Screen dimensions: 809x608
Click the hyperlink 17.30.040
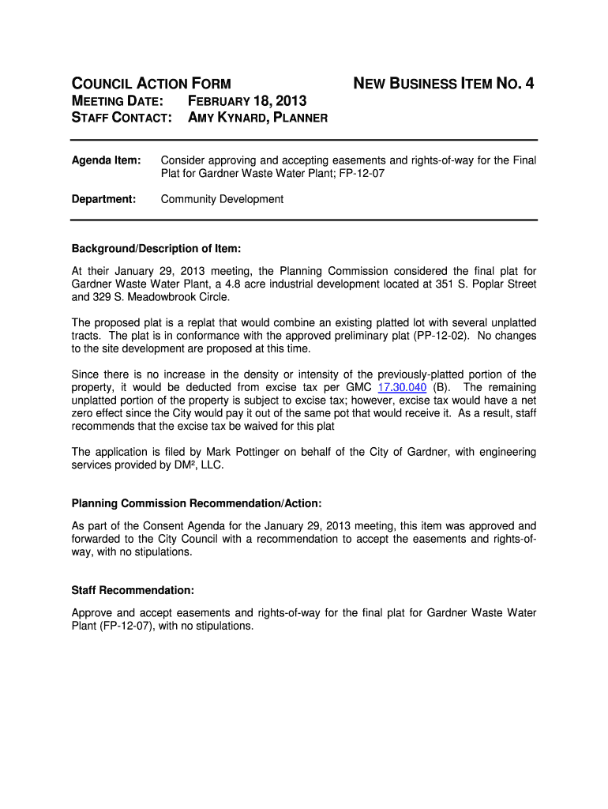(x=403, y=387)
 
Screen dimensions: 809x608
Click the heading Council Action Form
(x=152, y=84)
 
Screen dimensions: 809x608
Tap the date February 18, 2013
(x=246, y=101)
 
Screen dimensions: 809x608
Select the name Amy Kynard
(x=223, y=118)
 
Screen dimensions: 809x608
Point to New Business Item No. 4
(x=443, y=84)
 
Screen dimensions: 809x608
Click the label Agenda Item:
(x=106, y=160)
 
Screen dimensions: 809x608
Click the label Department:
(x=104, y=199)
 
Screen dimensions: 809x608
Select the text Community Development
(x=222, y=199)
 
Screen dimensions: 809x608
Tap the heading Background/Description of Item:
(x=156, y=249)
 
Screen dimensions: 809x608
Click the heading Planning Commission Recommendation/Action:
(x=197, y=503)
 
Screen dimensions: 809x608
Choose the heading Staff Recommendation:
(x=133, y=590)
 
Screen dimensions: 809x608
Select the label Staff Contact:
(x=122, y=118)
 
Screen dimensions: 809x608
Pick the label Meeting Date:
(x=118, y=101)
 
